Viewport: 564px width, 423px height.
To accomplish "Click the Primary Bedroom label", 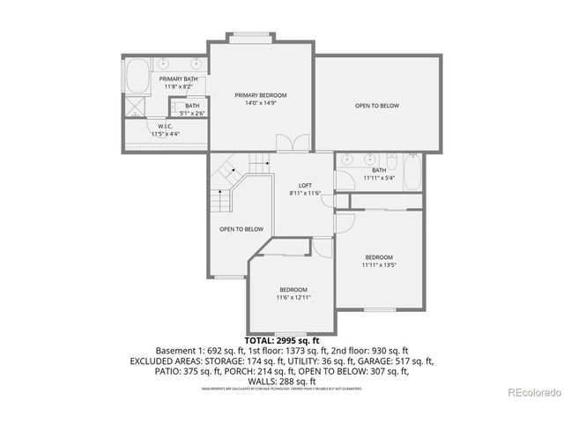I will click(x=260, y=95).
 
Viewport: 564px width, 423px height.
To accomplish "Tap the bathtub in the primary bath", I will click(x=138, y=78).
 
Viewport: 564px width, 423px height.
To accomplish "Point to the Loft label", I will click(x=305, y=185).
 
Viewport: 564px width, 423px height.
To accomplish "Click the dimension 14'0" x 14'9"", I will click(x=260, y=103).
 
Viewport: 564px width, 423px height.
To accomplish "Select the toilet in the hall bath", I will click(x=394, y=162).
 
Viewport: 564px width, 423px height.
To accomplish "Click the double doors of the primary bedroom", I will click(x=293, y=144).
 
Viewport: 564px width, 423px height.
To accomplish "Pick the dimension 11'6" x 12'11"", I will click(x=293, y=298).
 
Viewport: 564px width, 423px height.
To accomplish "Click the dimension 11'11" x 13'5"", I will click(x=379, y=264).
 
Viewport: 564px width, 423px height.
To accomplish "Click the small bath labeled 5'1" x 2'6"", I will click(x=192, y=109).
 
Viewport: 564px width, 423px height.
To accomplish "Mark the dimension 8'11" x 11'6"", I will click(x=305, y=193).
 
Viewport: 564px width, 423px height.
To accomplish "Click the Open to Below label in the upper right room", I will click(x=377, y=106).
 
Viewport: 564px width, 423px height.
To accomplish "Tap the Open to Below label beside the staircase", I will click(x=241, y=229).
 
